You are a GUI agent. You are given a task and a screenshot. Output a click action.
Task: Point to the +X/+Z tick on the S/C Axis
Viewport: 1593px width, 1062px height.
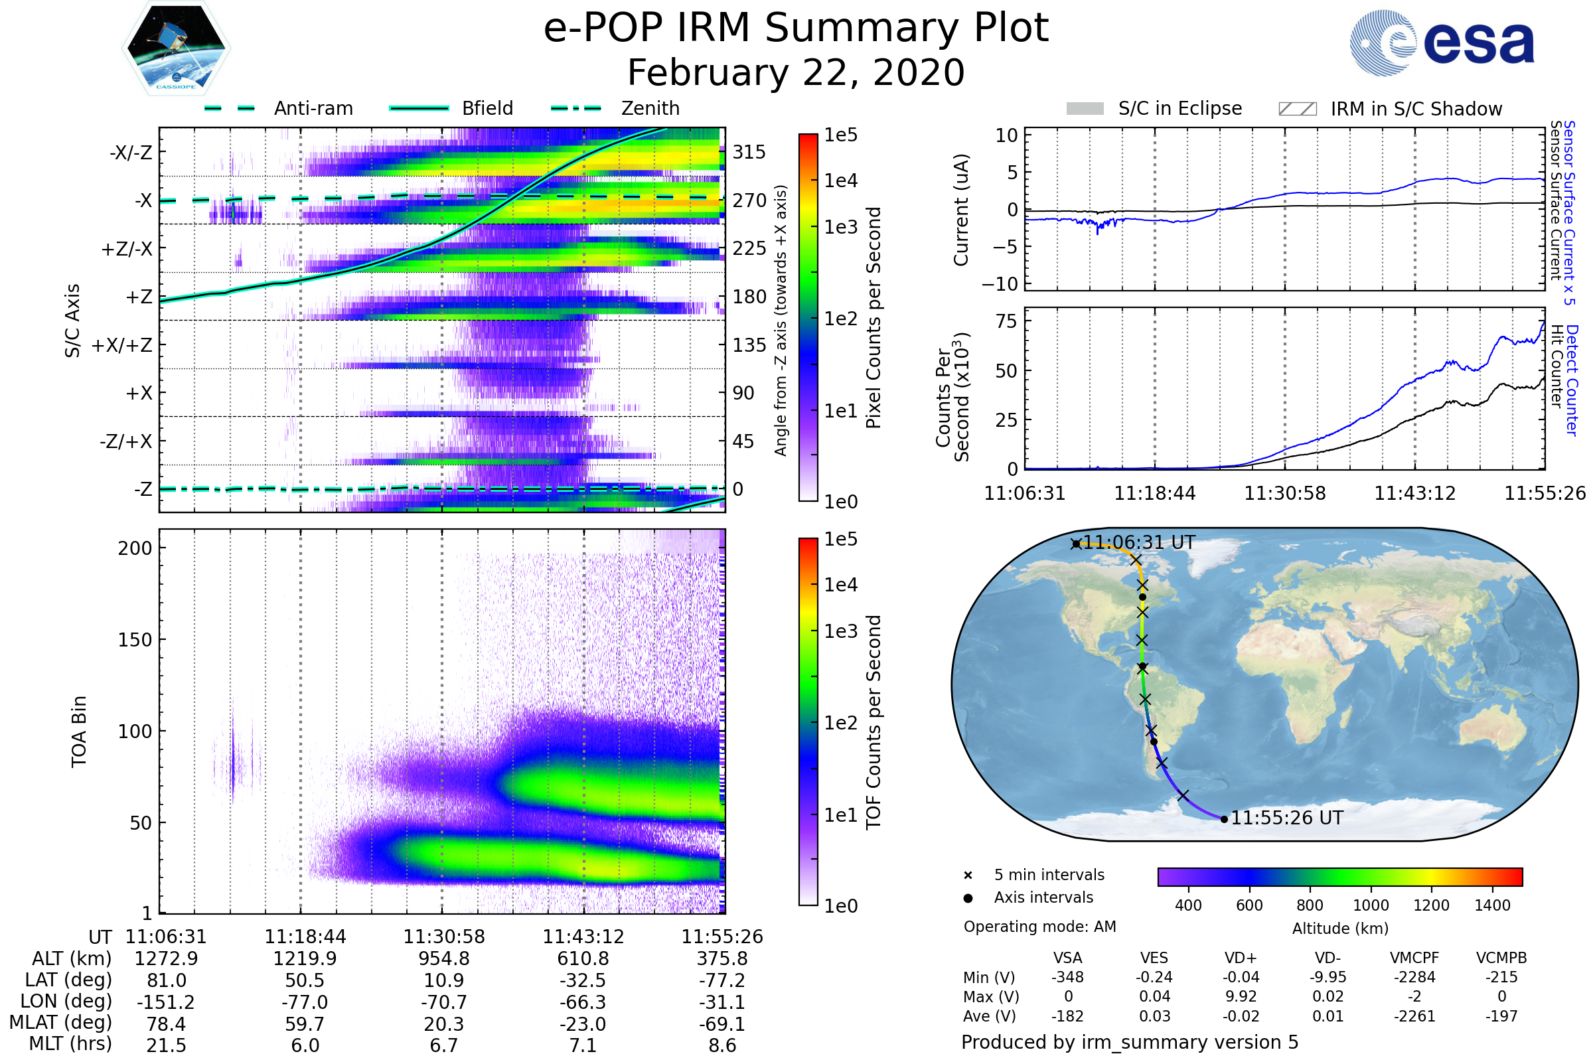point(122,345)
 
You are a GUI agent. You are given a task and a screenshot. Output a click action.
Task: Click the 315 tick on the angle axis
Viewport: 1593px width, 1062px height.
point(749,152)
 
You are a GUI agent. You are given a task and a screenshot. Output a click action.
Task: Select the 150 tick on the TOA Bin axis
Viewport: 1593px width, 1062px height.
point(135,639)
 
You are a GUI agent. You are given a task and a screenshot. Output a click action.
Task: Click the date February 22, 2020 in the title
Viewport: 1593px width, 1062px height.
point(796,72)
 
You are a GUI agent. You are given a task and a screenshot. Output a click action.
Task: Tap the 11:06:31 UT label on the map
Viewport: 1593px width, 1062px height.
point(1138,542)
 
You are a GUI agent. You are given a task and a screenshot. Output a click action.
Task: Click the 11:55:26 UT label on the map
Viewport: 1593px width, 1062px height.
point(1286,818)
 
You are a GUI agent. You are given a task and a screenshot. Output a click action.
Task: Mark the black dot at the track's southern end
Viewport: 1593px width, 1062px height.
point(1224,820)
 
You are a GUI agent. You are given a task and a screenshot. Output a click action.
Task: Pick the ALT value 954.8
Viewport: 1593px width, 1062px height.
point(443,958)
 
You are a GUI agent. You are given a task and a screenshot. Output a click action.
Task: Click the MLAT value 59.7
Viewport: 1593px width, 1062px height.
point(305,1024)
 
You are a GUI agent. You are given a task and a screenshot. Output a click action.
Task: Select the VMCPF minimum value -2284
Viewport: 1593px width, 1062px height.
point(1414,976)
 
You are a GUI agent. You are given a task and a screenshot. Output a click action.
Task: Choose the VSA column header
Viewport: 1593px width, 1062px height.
point(1067,958)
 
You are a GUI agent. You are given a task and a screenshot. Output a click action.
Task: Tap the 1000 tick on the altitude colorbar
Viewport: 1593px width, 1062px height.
point(1370,905)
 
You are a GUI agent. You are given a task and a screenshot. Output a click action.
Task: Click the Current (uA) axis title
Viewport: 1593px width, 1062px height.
point(961,210)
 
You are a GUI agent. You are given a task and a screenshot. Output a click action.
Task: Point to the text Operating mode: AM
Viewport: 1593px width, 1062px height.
point(1039,927)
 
